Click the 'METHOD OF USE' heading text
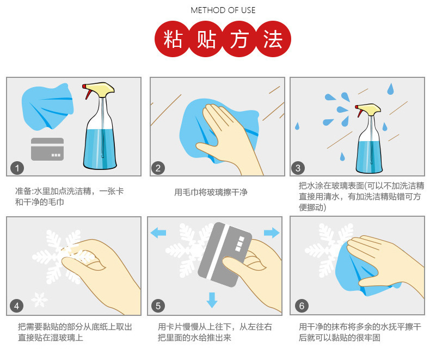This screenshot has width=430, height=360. pos(223,10)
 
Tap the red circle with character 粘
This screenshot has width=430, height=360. pos(173,39)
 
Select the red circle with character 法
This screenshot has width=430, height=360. pos(273,39)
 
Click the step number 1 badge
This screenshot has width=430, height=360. pos(17,168)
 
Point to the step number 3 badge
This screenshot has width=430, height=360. pos(298,168)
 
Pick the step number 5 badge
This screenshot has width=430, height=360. pos(158,306)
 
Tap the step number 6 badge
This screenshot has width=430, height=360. pos(302,306)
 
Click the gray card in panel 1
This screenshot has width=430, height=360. pos(47,149)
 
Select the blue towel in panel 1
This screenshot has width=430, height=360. pos(47,106)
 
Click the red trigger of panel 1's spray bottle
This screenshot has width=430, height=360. pos(88,93)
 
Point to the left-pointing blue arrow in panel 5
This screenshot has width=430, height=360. pos(158,233)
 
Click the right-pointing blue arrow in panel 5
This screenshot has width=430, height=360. pos(272,233)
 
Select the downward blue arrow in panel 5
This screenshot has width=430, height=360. pos(212,300)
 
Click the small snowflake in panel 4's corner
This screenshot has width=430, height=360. pos(39,300)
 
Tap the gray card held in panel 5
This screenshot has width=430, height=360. pos(225,255)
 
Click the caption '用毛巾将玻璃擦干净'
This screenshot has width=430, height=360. pos(211,192)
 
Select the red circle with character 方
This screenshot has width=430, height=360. pos(239,39)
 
